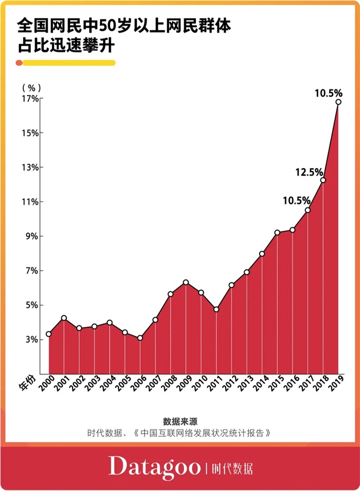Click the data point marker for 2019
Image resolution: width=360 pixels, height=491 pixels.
pos(338,102)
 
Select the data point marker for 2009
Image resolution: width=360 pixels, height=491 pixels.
pos(186,283)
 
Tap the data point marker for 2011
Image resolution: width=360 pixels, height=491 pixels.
pos(216,309)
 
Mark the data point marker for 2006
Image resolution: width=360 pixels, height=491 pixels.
pos(140,338)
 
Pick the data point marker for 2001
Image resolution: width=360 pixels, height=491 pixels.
pos(64,318)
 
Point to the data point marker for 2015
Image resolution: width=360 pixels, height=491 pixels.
pos(277,233)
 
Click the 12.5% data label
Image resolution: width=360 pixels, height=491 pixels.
pos(309,172)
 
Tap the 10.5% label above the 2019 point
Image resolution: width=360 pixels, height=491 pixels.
pos(328,93)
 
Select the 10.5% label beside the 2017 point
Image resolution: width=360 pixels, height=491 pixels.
pos(297,200)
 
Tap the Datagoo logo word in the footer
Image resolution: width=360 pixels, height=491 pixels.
pos(154,467)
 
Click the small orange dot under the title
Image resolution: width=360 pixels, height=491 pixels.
pos(19,63)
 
